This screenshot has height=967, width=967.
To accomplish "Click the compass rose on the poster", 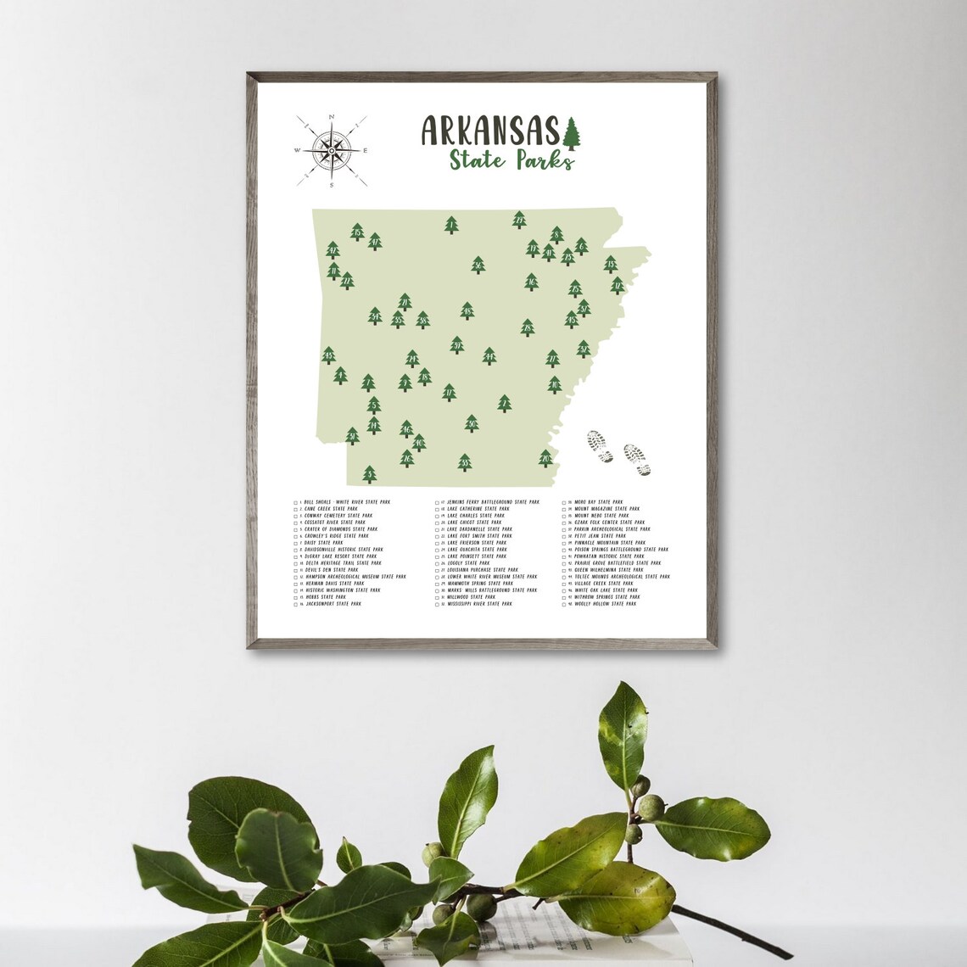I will (331, 151).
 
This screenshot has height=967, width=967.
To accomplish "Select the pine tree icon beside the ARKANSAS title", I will (573, 131).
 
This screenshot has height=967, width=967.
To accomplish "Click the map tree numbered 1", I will (451, 225).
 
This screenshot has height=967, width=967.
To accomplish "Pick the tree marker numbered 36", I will (478, 266).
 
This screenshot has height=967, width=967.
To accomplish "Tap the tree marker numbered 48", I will (467, 311).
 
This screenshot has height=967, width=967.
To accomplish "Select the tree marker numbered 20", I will (545, 459).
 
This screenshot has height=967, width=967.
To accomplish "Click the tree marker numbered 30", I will (472, 423).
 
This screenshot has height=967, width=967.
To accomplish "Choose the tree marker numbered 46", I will (406, 428).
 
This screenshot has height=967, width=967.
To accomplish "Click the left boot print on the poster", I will (601, 444).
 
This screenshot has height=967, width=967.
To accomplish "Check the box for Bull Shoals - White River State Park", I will (296, 503).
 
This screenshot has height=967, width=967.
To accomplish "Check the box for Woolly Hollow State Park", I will (565, 604).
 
